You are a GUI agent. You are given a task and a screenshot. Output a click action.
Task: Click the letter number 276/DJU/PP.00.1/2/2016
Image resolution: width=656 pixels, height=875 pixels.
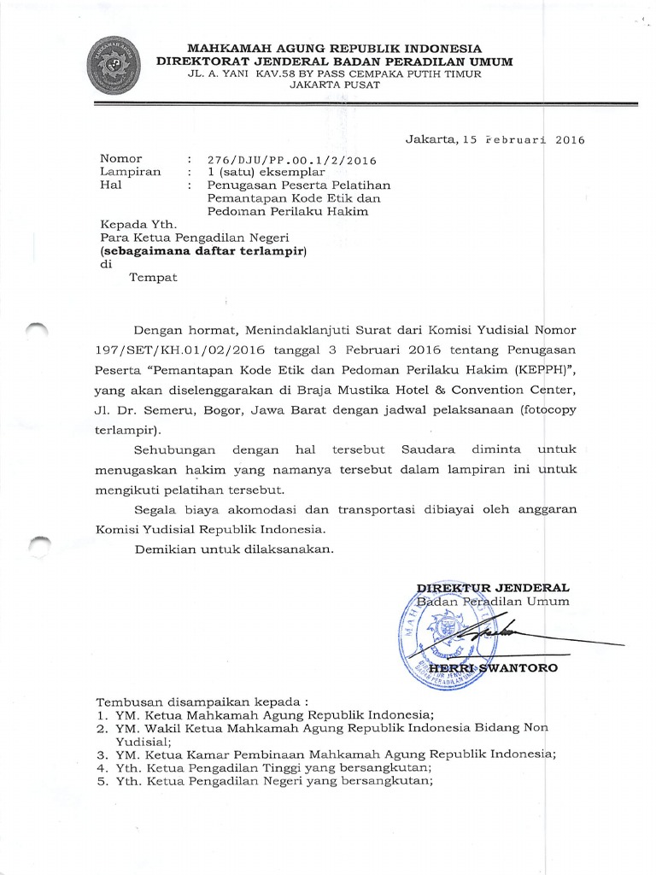[292, 160]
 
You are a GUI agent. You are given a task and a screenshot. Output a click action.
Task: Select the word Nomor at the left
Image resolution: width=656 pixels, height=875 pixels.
[121, 159]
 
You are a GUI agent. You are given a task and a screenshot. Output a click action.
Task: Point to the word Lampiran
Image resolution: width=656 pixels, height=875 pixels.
[131, 172]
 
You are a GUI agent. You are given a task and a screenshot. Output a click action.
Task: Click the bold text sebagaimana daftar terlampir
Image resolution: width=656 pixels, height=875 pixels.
[203, 251]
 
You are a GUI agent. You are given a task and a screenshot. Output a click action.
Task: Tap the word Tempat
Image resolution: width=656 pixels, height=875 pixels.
[152, 279]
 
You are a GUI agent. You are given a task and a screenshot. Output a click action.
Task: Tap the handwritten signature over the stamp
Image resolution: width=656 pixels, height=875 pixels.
[487, 636]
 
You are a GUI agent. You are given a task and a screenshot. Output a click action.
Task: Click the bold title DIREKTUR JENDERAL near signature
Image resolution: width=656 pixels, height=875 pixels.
[492, 588]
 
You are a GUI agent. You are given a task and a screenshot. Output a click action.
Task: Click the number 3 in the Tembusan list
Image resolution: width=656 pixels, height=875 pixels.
[100, 755]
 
